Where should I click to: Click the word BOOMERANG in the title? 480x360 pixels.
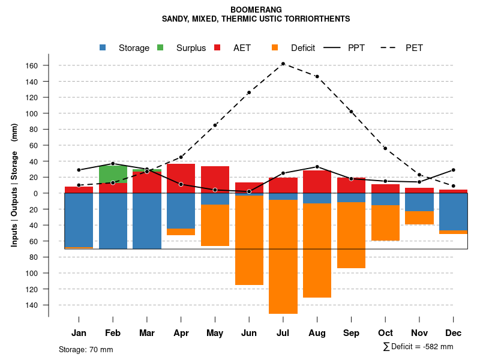256,10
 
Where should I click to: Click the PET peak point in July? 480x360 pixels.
283,64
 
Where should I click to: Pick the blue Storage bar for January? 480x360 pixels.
79,220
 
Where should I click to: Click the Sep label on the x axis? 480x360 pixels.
351,333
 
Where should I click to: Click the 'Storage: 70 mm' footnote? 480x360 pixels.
86,349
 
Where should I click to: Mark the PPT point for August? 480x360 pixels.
317,167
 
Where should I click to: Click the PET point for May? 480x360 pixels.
215,125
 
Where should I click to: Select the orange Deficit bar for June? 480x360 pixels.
249,240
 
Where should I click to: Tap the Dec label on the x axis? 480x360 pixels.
454,333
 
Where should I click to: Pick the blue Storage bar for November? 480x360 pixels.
419,202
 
